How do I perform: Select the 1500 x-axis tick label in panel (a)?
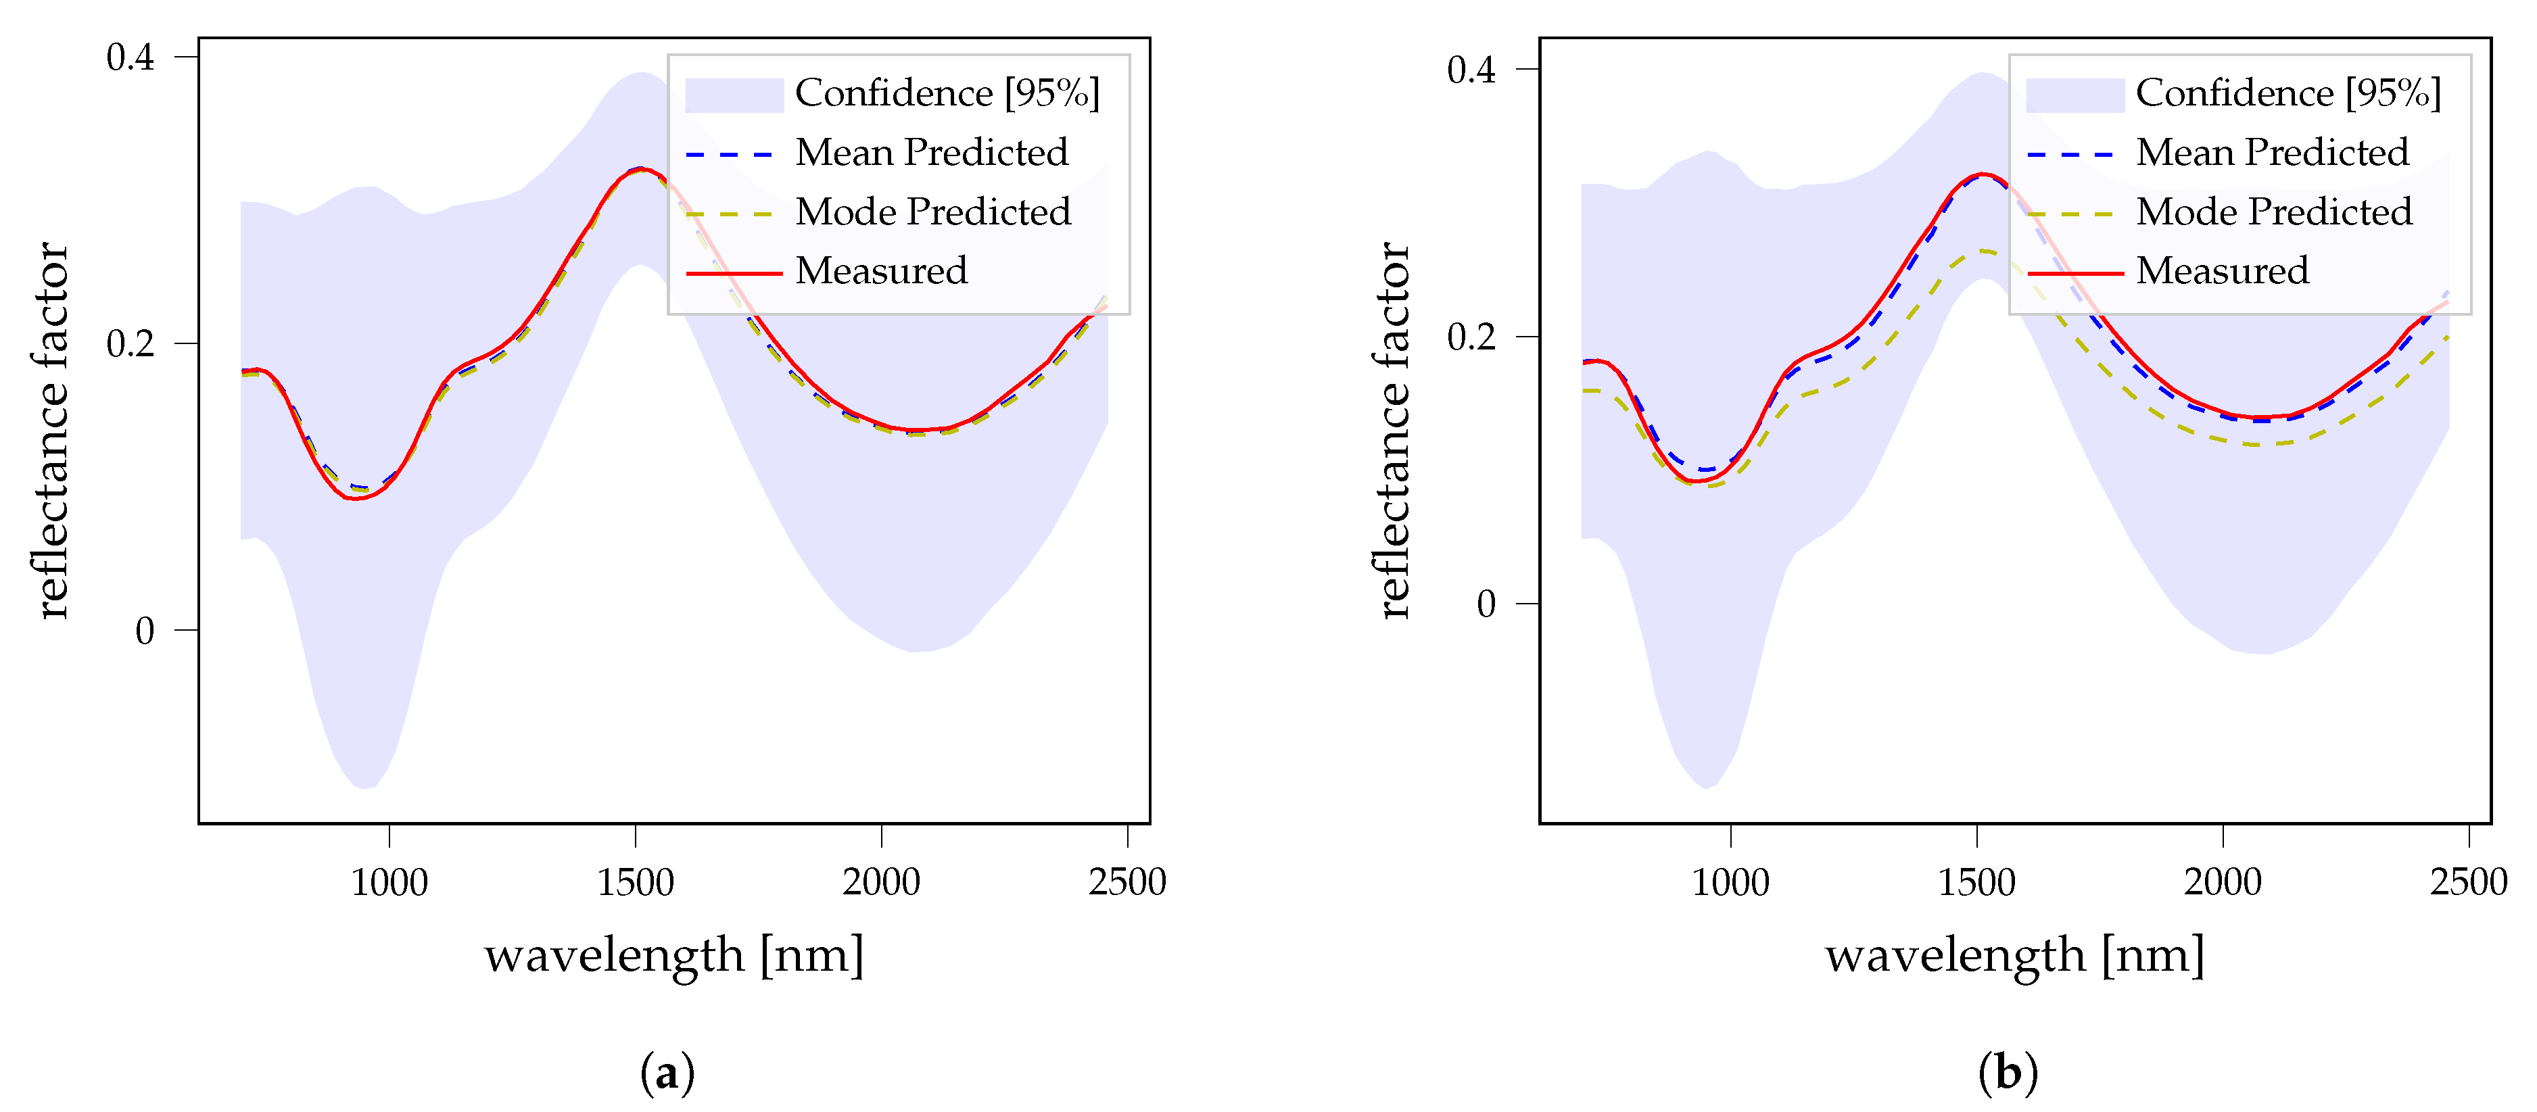click(635, 881)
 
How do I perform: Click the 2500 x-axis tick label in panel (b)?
click(2468, 881)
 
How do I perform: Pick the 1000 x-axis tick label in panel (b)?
click(1730, 881)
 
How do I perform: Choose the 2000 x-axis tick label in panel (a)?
click(880, 881)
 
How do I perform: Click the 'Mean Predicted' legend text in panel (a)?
click(930, 153)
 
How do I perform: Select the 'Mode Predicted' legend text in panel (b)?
click(2273, 212)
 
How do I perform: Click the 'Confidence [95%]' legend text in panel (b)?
click(2288, 93)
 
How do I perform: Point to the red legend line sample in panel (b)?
click(2074, 272)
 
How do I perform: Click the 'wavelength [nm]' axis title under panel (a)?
click(673, 954)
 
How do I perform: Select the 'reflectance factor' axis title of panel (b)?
click(1394, 431)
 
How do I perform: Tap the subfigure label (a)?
click(667, 1071)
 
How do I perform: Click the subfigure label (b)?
click(2007, 1071)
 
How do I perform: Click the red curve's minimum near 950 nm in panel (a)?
click(354, 498)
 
